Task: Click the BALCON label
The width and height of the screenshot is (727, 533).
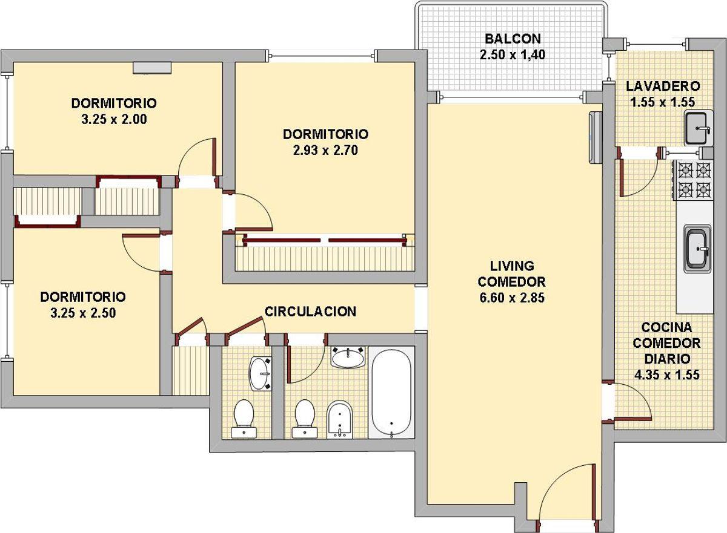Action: [513, 39]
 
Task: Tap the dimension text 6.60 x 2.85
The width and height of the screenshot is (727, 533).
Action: [512, 298]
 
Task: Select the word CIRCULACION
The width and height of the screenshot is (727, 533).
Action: [311, 312]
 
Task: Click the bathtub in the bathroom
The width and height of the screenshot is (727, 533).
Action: [392, 393]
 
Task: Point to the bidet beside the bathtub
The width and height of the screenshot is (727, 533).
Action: [340, 420]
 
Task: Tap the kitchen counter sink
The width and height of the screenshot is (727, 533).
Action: [697, 249]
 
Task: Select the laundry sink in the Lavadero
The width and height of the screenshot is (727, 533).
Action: [699, 128]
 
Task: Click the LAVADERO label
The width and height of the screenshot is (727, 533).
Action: [663, 86]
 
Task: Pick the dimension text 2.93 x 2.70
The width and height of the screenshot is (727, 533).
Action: [325, 151]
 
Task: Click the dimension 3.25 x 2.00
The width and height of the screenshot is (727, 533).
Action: [114, 119]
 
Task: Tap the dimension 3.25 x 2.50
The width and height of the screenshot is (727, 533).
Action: [83, 313]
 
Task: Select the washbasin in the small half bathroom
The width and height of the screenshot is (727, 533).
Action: [260, 374]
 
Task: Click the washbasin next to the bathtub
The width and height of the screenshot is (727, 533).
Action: [348, 358]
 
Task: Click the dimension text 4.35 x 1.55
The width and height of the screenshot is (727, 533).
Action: [667, 375]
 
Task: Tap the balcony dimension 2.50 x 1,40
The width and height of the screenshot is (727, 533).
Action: [513, 55]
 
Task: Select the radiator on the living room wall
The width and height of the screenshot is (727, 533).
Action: [595, 137]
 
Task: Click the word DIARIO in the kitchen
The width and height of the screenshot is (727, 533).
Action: [667, 359]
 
